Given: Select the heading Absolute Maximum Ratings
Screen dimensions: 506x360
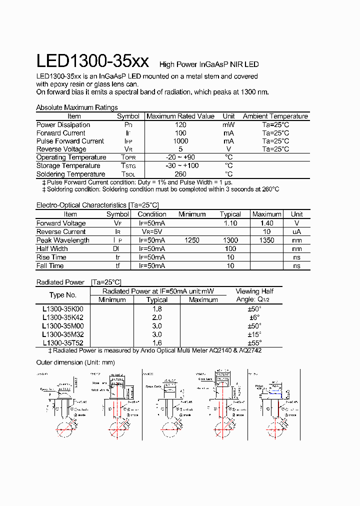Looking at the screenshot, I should tap(77, 107).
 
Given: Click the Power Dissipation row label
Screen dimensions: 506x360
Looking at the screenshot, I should tap(63, 125).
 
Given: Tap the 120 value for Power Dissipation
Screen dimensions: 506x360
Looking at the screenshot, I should tap(180, 125).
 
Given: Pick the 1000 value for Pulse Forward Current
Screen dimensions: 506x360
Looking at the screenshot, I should tap(180, 141).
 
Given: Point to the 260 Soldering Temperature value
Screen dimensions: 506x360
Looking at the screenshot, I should tap(180, 174).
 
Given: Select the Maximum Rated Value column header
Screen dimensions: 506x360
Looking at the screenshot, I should tap(180, 116).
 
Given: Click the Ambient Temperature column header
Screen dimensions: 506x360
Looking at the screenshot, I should tap(275, 116).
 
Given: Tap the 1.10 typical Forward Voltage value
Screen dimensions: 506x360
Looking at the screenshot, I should tap(230, 223).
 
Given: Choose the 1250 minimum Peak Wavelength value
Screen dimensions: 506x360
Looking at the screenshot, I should tap(192, 240).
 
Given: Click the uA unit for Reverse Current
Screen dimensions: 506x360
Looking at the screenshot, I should tap(297, 232).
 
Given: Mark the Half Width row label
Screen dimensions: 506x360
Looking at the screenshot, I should tap(52, 248).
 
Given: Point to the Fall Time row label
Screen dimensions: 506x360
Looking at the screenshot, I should tap(50, 266).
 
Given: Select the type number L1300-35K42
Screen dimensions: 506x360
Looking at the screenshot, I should tap(63, 317).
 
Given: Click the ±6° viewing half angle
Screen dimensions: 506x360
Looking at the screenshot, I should tap(255, 317).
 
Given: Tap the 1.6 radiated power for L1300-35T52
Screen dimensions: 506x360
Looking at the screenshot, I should tap(157, 343).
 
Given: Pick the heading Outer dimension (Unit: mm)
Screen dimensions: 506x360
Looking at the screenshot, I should tap(76, 362).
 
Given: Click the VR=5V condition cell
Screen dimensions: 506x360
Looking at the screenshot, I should tap(152, 232).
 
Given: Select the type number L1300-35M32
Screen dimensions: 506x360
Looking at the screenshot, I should tap(63, 334).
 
